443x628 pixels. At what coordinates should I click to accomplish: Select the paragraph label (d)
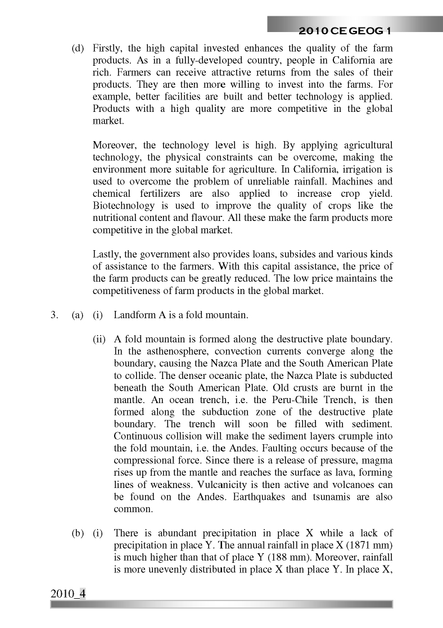pos(78,49)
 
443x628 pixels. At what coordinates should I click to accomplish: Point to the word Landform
pos(134,315)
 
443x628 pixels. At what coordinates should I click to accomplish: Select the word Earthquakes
pos(259,497)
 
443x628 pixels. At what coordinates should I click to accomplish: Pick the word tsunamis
pos(335,497)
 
